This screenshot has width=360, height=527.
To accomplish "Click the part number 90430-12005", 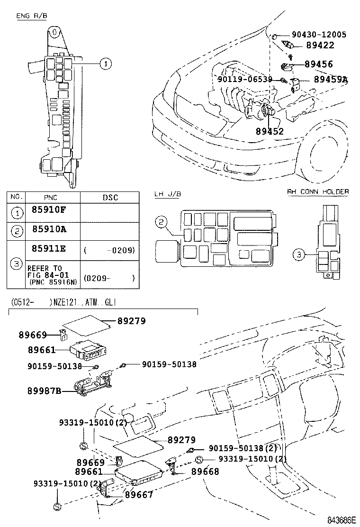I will (x=319, y=35).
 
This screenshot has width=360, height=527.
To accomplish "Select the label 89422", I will (x=320, y=45).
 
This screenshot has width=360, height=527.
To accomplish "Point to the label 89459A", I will (x=330, y=79).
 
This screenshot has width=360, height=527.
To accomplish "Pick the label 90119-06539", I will (x=245, y=79).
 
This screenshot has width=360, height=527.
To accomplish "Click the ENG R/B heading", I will (x=31, y=16).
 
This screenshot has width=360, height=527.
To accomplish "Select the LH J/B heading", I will (x=168, y=194).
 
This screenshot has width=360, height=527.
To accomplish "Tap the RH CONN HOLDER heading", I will (x=318, y=192).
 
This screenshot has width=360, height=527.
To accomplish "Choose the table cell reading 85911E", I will (x=49, y=248).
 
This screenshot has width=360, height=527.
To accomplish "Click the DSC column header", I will (x=110, y=197).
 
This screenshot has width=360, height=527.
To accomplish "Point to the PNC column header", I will (x=51, y=197).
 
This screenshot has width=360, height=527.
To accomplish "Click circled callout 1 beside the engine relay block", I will (x=106, y=64).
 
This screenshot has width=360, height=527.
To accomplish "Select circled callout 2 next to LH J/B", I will (x=161, y=221).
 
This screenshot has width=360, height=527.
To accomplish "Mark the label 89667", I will (x=139, y=494).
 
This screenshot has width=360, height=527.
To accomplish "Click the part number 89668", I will (x=205, y=472).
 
